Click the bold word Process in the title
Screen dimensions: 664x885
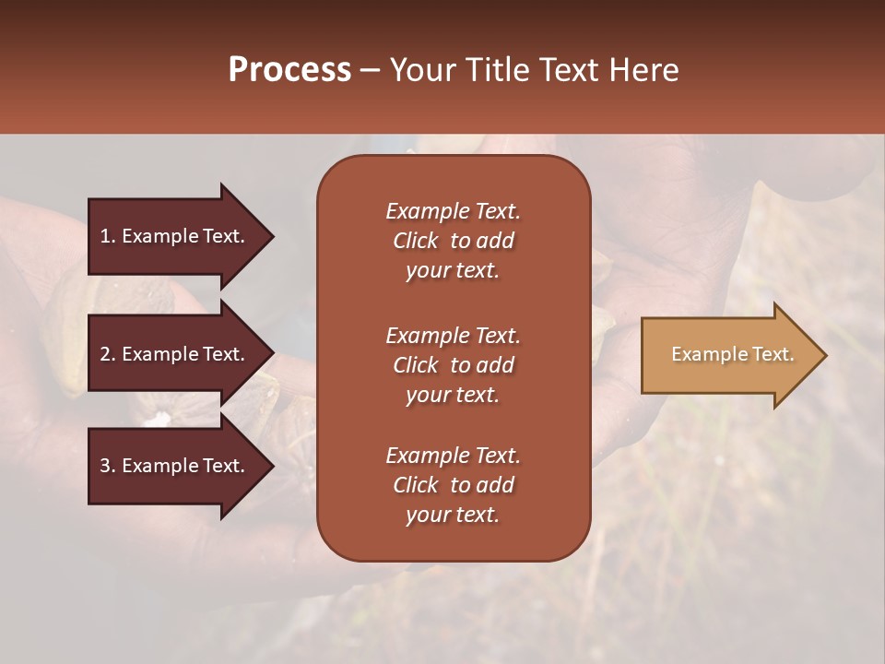tap(289, 70)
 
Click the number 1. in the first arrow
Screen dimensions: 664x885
tap(108, 236)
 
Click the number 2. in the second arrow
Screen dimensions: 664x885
tap(108, 354)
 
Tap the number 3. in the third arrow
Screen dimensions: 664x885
tap(108, 466)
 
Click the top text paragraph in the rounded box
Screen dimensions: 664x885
tap(453, 241)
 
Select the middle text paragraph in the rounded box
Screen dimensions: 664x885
tap(453, 365)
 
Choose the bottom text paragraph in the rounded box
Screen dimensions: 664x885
tap(453, 485)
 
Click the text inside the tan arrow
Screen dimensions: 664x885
tap(732, 354)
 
